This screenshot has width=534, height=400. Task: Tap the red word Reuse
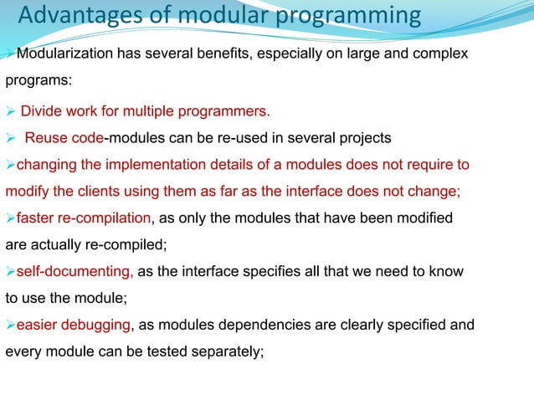(44, 137)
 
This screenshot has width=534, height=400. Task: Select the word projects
(362, 137)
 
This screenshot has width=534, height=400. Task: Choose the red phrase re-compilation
(103, 218)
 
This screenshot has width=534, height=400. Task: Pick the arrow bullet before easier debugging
(10, 326)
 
